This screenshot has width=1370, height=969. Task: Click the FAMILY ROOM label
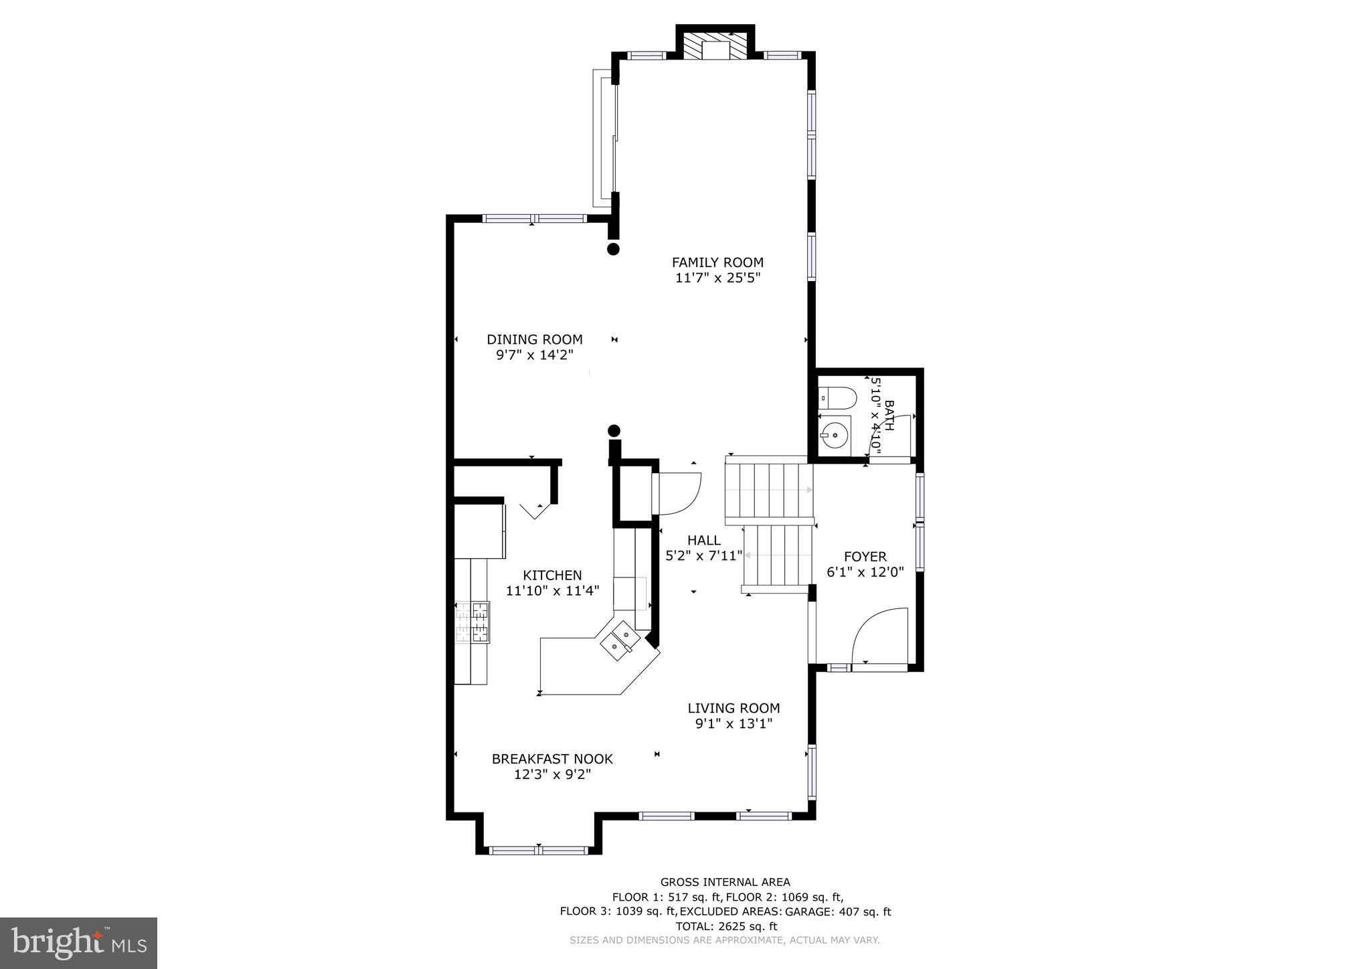717,262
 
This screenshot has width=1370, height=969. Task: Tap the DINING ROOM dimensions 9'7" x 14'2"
534,355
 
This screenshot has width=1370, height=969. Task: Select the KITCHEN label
552,575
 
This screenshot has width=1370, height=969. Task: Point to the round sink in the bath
835,436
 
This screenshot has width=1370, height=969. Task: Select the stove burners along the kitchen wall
473,622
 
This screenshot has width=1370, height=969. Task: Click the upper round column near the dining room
613,249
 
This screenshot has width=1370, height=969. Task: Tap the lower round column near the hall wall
614,431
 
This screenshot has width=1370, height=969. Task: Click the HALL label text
704,540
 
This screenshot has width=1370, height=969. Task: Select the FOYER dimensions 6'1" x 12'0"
865,572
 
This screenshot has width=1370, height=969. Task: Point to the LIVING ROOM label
734,708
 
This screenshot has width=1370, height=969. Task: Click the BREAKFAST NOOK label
552,759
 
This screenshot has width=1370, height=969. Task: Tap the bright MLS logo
78,944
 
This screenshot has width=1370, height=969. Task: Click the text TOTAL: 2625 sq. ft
725,926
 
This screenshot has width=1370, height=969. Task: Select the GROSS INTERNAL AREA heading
725,882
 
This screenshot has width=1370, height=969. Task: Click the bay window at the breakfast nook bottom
539,851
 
